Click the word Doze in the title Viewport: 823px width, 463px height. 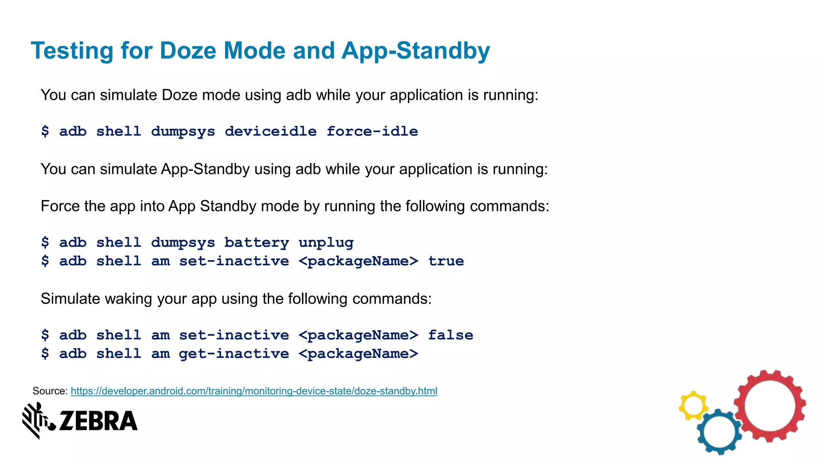pyautogui.click(x=188, y=51)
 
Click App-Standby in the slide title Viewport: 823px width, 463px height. pyautogui.click(x=416, y=51)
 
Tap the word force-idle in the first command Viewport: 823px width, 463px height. pyautogui.click(x=372, y=131)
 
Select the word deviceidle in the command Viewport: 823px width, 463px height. pyautogui.click(x=270, y=131)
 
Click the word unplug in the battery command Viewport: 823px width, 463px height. pyautogui.click(x=326, y=242)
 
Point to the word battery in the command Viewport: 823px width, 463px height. pyautogui.click(x=256, y=242)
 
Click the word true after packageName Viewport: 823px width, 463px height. pyautogui.click(x=446, y=261)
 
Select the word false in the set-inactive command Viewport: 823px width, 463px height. pyautogui.click(x=450, y=335)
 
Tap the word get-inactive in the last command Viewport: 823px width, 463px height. pyautogui.click(x=234, y=353)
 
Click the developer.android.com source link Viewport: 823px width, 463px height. pyautogui.click(x=254, y=391)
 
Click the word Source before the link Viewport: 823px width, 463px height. pyautogui.click(x=49, y=391)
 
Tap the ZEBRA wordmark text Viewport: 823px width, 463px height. pyautogui.click(x=98, y=421)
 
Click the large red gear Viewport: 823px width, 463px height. pyautogui.click(x=770, y=406)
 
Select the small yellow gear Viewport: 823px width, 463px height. pyautogui.click(x=693, y=405)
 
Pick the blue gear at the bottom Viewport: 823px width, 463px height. pyautogui.click(x=719, y=432)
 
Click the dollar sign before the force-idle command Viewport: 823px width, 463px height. pyautogui.click(x=45, y=131)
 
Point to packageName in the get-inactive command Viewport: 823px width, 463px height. pyautogui.click(x=358, y=353)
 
